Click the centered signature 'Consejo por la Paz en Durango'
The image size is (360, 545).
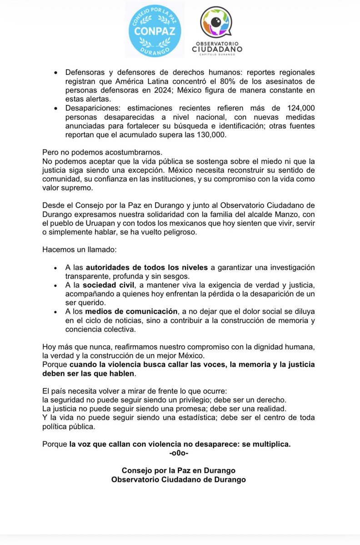179,470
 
